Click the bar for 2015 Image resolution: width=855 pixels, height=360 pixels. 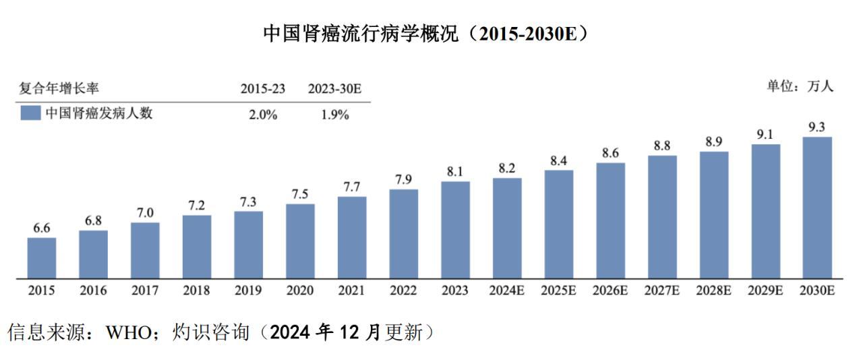[42, 258]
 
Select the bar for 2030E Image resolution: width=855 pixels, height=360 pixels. [817, 208]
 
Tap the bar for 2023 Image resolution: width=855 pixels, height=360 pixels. [455, 230]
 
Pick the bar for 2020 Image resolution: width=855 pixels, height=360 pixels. [300, 241]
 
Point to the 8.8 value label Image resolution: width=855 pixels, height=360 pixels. [661, 146]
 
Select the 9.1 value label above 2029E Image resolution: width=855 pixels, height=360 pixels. [765, 134]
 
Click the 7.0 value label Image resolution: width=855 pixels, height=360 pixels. [145, 213]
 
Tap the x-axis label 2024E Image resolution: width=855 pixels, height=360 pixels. [506, 291]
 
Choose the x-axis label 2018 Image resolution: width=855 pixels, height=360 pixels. [196, 291]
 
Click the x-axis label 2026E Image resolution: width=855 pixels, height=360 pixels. [610, 291]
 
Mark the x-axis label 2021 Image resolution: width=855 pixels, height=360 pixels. [351, 291]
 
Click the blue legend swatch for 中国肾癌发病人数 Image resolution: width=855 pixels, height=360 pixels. [30, 113]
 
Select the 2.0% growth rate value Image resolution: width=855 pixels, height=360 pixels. [263, 115]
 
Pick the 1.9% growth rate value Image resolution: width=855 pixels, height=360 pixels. [334, 115]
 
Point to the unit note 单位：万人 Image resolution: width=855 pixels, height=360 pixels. [800, 86]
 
